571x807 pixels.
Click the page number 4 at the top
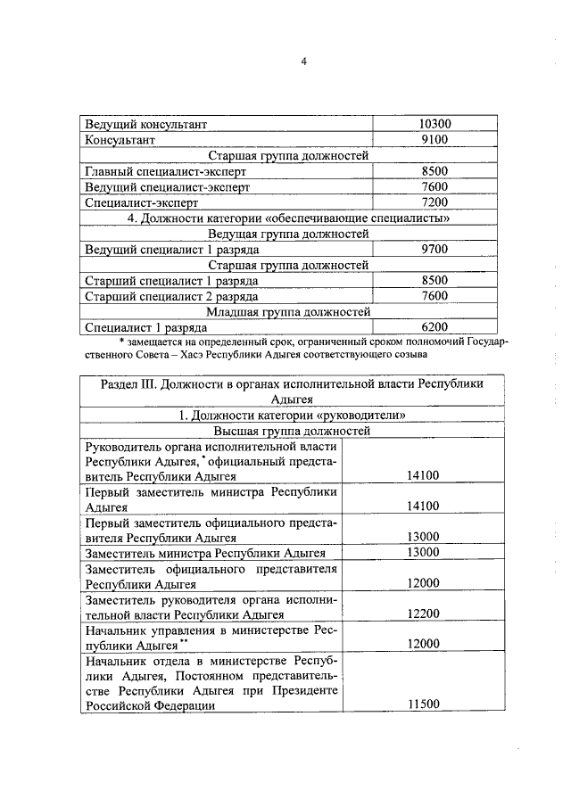pos(303,62)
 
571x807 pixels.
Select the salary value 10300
pos(434,125)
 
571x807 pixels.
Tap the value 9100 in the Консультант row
pos(434,140)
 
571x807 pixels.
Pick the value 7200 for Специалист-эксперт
pos(434,202)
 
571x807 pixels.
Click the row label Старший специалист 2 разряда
pos(170,296)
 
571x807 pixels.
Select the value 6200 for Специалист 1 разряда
pos(434,327)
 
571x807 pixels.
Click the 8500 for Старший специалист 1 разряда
pos(434,280)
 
